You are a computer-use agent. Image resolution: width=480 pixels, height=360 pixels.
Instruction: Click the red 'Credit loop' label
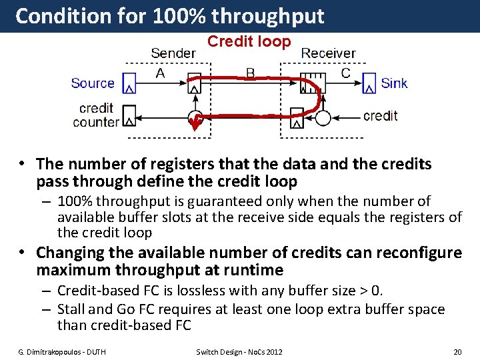[249, 41]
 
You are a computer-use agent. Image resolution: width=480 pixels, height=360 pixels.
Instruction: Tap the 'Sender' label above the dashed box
[173, 53]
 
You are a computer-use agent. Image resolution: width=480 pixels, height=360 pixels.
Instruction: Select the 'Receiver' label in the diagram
[328, 53]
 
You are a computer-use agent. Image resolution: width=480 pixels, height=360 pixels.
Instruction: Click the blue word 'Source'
[93, 83]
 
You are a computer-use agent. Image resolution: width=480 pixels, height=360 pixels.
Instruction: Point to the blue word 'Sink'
[394, 83]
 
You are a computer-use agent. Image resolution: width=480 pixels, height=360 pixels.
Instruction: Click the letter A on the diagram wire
[160, 73]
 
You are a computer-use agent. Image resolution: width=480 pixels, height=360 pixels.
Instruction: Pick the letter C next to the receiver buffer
[345, 73]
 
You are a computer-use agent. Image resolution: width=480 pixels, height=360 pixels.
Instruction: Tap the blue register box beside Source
[129, 83]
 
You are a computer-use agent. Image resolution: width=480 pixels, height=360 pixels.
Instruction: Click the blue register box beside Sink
[369, 83]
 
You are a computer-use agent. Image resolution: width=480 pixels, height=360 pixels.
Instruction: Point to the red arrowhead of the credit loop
[195, 122]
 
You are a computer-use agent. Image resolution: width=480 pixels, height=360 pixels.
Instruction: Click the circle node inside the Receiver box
[323, 118]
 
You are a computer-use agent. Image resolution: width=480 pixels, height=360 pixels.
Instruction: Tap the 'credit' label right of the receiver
[380, 115]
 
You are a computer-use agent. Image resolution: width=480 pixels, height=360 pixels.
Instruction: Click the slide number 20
[457, 351]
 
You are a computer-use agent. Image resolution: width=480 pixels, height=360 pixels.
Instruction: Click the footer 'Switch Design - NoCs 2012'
[239, 351]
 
